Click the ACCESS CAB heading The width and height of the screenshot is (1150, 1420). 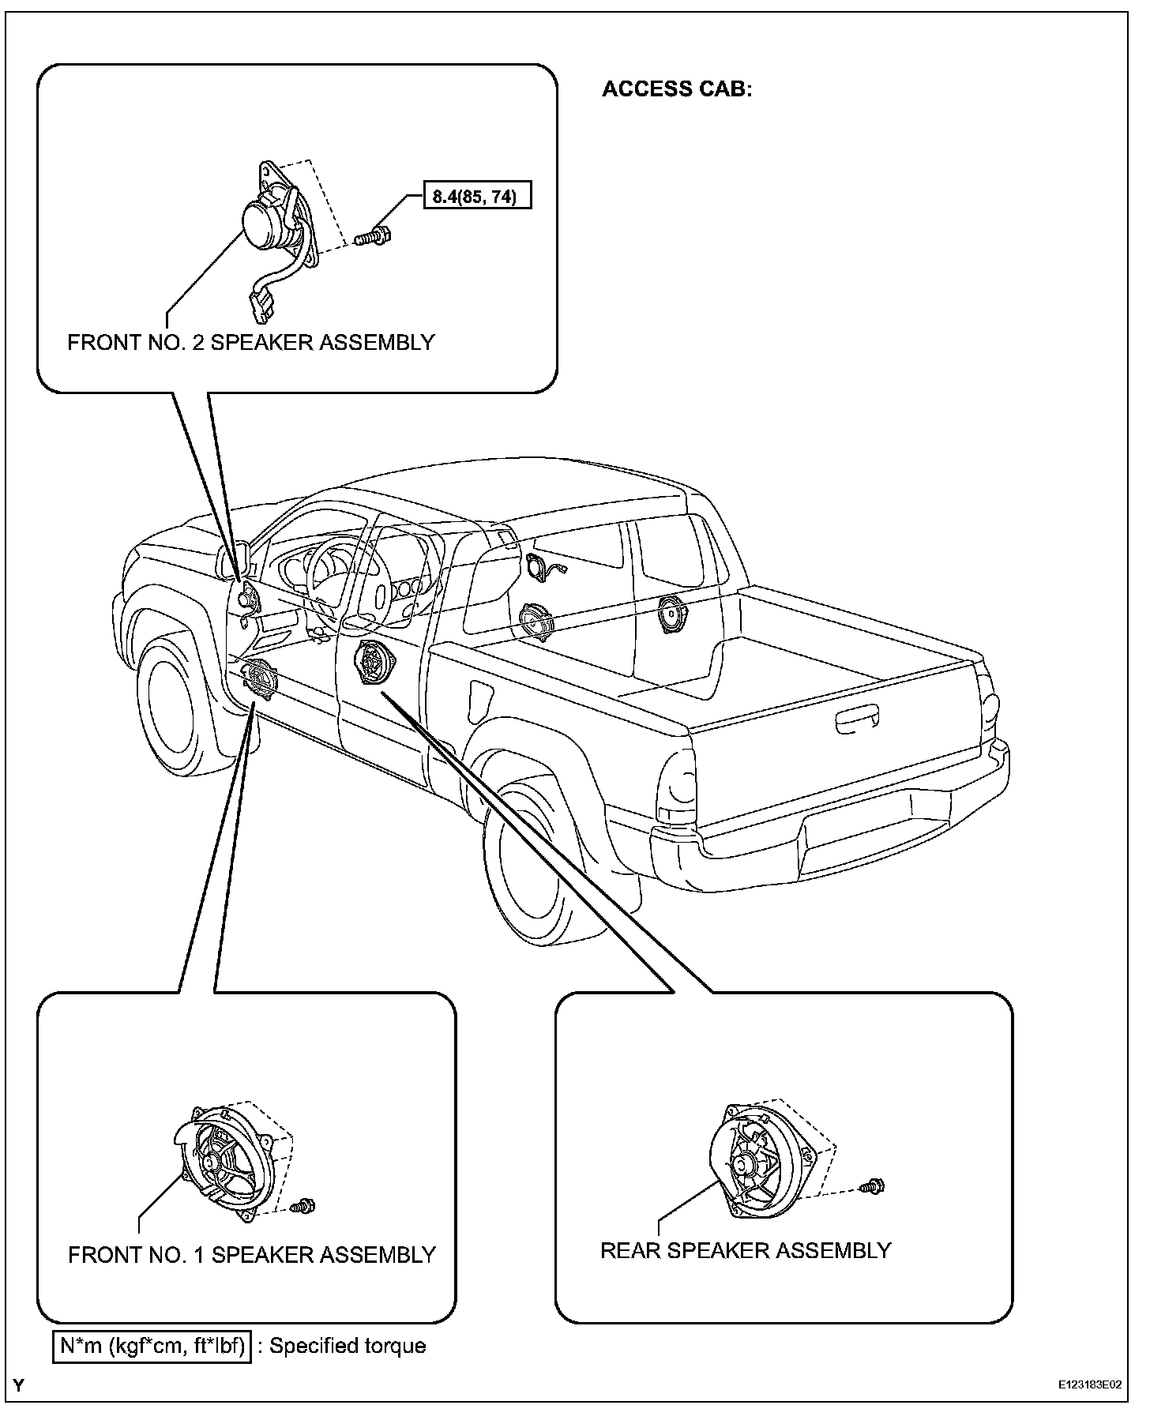click(x=677, y=89)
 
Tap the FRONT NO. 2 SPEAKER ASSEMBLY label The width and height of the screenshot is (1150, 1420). click(x=251, y=343)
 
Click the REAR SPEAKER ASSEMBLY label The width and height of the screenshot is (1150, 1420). click(x=746, y=1250)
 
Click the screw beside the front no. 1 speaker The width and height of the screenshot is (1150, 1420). click(x=303, y=1206)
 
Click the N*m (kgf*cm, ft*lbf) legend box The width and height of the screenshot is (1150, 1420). click(x=152, y=1347)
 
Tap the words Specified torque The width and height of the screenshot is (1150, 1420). click(x=348, y=1347)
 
